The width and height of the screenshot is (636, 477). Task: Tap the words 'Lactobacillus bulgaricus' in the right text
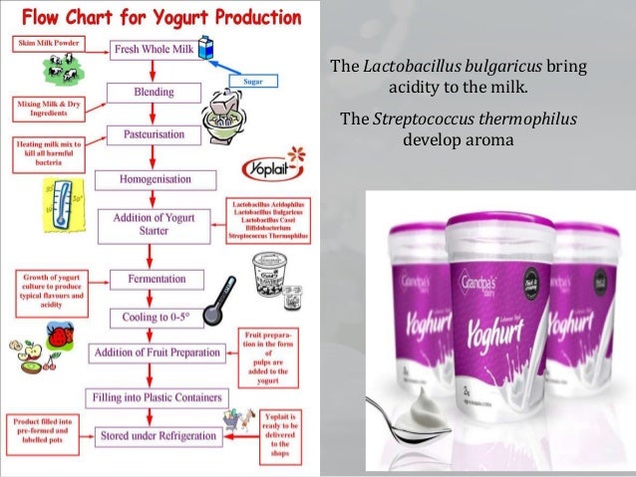coord(454,68)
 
